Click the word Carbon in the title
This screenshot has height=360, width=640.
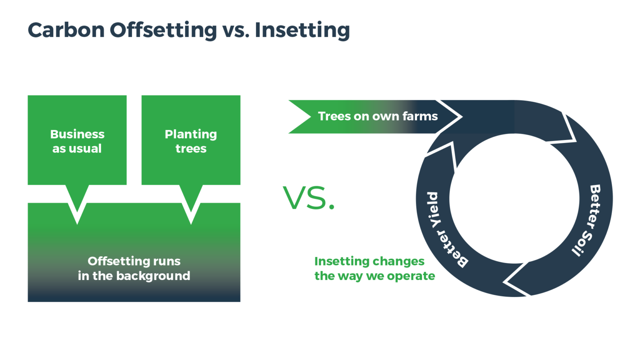coord(66,30)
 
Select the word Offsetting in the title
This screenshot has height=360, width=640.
coord(163,30)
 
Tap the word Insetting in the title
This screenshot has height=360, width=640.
coord(302,30)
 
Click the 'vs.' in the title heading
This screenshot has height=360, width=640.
coord(236,30)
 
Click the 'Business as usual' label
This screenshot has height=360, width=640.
coord(77,141)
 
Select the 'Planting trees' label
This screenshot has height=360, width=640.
coord(191,141)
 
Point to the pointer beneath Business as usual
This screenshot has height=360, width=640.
coord(77,204)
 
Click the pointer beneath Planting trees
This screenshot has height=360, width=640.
coord(191,204)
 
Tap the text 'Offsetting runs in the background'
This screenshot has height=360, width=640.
coord(134,268)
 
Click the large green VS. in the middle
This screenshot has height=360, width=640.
coord(309,198)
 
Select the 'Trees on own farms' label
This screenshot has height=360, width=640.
coord(377,116)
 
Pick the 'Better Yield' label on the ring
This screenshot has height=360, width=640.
coord(442,229)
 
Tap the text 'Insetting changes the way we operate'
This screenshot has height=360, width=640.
coord(374,268)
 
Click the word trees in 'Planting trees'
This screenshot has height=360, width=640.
coord(191,149)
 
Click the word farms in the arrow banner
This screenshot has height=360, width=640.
coord(420,116)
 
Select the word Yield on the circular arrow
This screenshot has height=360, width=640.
coord(433,210)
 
